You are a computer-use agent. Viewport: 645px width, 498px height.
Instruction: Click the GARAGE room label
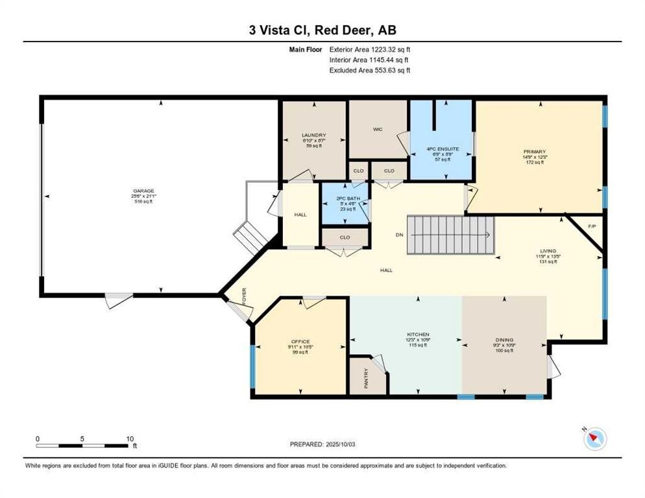pos(144,191)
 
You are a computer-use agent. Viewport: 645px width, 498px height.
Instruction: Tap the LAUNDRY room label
pos(314,136)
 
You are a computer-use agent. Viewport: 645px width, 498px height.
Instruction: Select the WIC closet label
pos(378,129)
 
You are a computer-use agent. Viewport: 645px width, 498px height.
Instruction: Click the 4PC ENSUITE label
pos(443,148)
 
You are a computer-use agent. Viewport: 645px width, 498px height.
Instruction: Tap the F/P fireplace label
pos(591,226)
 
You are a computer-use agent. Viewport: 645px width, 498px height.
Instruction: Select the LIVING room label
pos(548,250)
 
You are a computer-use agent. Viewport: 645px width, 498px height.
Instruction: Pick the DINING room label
pos(504,340)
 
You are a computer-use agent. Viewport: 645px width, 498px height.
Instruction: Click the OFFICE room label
pos(300,342)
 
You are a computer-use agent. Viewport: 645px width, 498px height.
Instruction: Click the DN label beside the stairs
pos(400,234)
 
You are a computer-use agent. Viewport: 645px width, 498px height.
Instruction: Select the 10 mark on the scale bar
pos(130,438)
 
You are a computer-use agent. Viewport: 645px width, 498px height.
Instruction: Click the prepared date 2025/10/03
pos(323,444)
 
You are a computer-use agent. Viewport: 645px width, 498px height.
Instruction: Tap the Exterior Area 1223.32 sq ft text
pos(370,49)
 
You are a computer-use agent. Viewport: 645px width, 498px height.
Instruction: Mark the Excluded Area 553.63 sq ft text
pos(370,70)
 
